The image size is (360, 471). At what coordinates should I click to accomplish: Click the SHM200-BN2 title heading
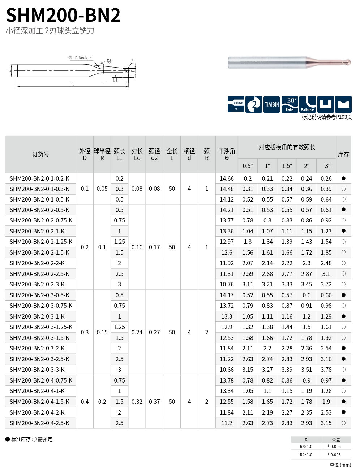coord(63,15)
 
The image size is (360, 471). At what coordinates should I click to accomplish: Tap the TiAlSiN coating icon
coord(271,104)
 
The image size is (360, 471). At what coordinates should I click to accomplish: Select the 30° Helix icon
coord(290,104)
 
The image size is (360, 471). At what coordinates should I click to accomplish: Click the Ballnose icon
coord(308,104)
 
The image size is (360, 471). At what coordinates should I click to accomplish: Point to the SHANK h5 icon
coord(236,104)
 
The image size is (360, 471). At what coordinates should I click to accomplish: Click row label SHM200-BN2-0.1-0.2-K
coord(39,178)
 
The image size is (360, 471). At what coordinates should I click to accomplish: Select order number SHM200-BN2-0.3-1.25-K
coord(41,327)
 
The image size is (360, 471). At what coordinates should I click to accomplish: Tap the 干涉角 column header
coord(227,154)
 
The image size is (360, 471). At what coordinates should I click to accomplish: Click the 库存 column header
coord(343,154)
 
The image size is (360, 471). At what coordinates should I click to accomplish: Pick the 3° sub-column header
coord(327,166)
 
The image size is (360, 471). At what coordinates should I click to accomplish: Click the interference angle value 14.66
coord(227,178)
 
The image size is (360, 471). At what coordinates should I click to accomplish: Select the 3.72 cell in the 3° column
coord(326,284)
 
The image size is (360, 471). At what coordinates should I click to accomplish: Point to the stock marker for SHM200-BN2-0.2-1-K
coord(343,231)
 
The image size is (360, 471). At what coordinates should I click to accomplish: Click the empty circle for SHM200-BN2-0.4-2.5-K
coord(343,423)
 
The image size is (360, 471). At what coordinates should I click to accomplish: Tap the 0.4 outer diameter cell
coord(85,402)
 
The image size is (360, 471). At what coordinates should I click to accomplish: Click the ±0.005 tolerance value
coord(334,455)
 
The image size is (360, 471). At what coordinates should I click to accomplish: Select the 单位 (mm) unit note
coord(340,465)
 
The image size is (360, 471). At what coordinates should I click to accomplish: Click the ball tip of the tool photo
coord(348,62)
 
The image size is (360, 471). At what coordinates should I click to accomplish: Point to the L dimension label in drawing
coord(73,85)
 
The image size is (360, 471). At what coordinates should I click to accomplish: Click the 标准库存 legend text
coord(21,439)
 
